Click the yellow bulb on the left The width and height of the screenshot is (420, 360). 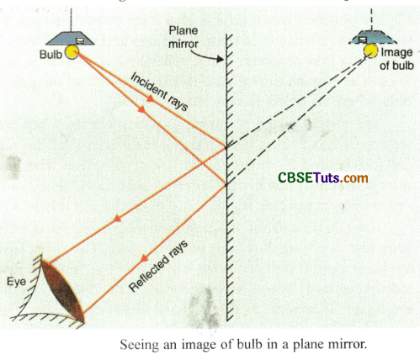(73, 53)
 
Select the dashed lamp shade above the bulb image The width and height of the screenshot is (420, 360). (370, 35)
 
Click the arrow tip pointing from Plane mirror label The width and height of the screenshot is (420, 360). (221, 61)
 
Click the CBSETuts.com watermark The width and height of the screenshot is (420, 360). (322, 178)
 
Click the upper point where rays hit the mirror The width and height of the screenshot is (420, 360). (226, 148)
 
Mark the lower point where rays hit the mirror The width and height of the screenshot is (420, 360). (226, 184)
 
